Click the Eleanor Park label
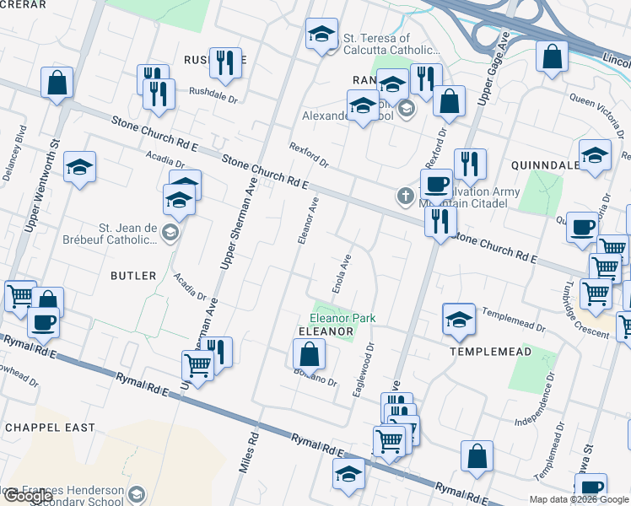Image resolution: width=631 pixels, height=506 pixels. pyautogui.click(x=342, y=318)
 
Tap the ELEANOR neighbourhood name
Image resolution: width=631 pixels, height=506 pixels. pyautogui.click(x=326, y=332)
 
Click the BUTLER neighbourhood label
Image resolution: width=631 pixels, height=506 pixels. pyautogui.click(x=133, y=276)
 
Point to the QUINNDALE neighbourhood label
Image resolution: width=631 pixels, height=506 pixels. pyautogui.click(x=546, y=165)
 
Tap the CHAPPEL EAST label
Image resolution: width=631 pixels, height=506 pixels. pyautogui.click(x=51, y=428)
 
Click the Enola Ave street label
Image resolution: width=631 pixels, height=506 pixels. pyautogui.click(x=345, y=272)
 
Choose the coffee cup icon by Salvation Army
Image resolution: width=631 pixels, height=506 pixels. pyautogui.click(x=436, y=182)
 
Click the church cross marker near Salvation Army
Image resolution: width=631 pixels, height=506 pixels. pyautogui.click(x=405, y=197)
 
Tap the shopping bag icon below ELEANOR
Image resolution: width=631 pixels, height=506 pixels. pyautogui.click(x=310, y=355)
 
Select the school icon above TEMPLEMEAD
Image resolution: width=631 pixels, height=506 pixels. pyautogui.click(x=459, y=319)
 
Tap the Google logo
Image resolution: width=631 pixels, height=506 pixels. pyautogui.click(x=28, y=496)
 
